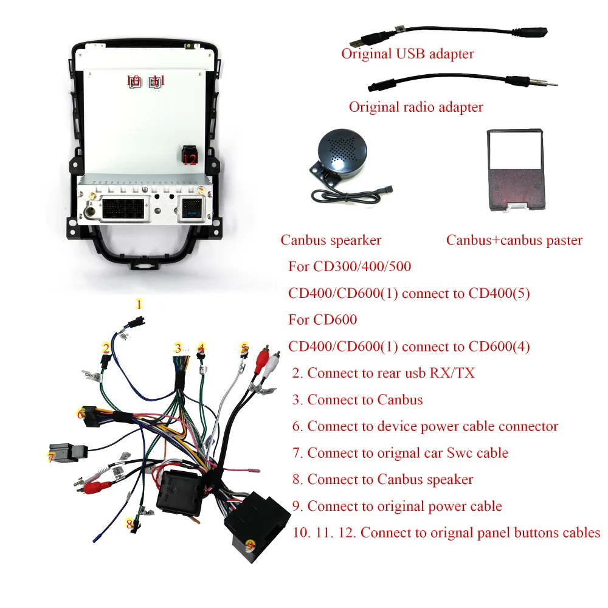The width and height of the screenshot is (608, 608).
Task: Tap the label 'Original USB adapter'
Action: (x=407, y=54)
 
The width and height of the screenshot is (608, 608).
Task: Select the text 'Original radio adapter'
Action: (x=416, y=108)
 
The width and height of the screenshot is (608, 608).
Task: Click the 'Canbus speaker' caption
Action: (x=331, y=240)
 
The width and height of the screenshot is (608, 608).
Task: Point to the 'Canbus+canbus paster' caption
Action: (x=514, y=240)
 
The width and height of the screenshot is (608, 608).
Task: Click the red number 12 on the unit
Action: (x=190, y=160)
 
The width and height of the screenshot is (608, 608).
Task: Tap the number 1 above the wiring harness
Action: (x=139, y=304)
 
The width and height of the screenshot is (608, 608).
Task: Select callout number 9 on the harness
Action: (x=249, y=545)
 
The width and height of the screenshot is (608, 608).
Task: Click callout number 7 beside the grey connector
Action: (x=51, y=458)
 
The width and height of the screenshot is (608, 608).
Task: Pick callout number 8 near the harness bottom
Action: (x=130, y=523)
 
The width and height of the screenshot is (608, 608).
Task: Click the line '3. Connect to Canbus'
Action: (x=357, y=399)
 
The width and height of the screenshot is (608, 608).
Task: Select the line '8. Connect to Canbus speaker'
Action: (x=382, y=479)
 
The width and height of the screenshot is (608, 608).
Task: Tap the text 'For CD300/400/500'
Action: (x=350, y=267)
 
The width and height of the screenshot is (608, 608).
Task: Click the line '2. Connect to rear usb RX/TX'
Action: (x=383, y=373)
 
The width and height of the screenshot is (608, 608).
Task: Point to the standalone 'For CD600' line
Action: (x=322, y=320)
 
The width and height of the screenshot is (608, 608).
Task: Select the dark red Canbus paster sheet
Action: (x=515, y=176)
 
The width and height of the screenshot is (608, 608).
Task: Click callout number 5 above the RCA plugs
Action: (x=244, y=348)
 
